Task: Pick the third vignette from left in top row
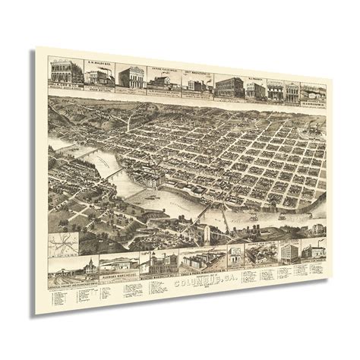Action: [131, 74]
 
